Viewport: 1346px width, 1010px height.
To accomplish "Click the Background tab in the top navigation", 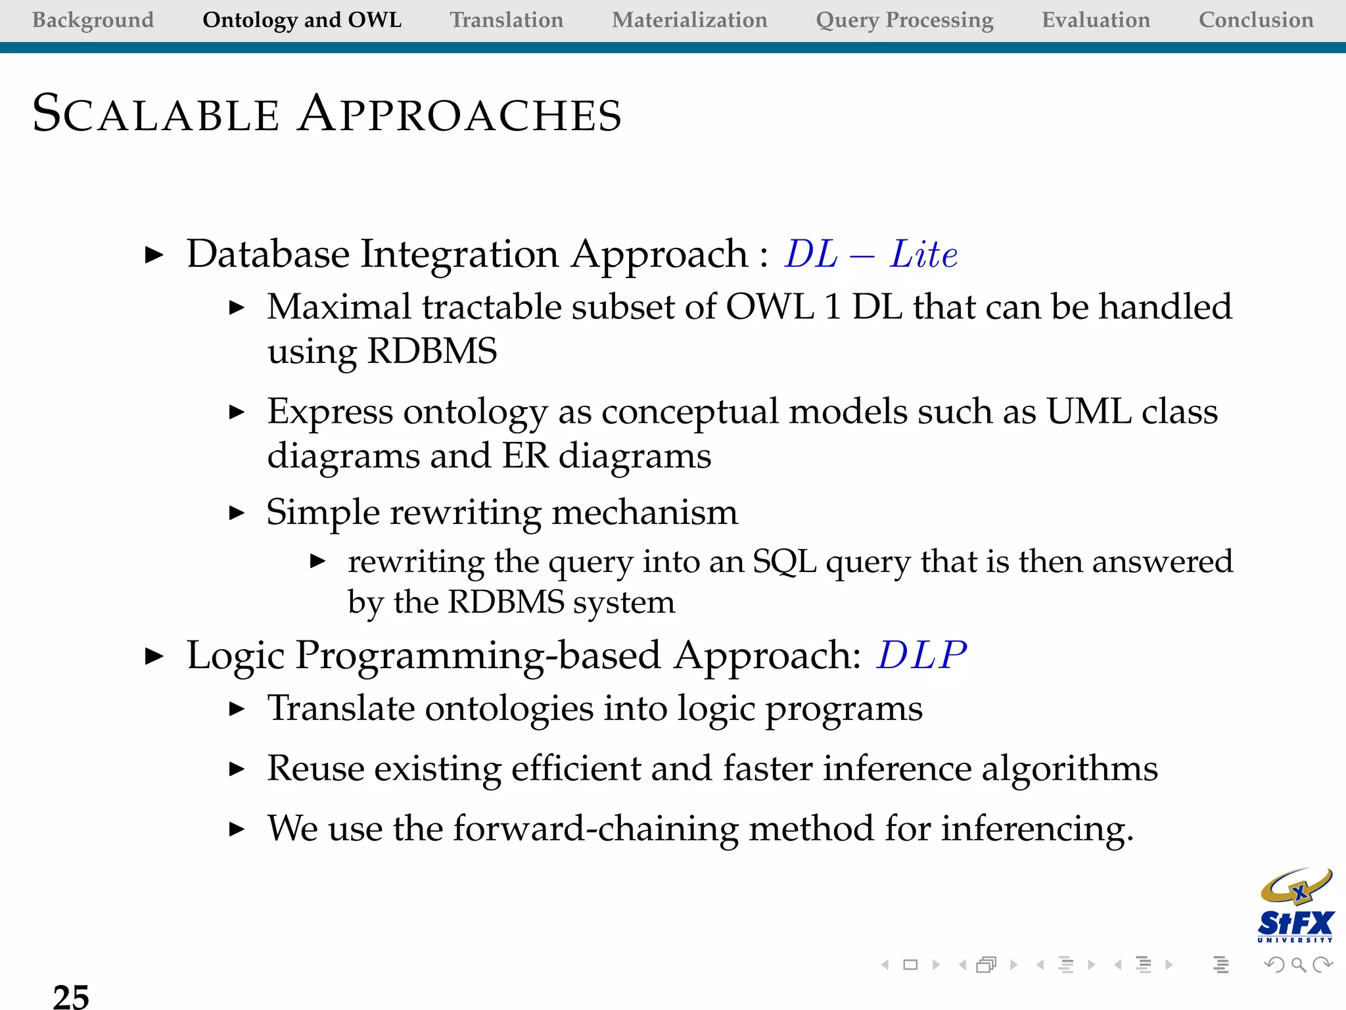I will [x=93, y=20].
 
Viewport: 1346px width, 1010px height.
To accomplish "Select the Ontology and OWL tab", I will [x=302, y=20].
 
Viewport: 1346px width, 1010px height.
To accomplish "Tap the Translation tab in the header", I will [x=506, y=20].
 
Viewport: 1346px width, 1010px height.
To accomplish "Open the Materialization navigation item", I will [x=689, y=20].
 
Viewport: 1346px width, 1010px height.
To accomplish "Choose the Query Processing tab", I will [x=904, y=20].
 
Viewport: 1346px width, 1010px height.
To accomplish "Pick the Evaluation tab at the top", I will [x=1096, y=20].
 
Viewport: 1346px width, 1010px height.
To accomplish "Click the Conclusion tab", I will [x=1256, y=20].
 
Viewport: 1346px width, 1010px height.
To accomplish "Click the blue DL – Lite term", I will [x=871, y=254].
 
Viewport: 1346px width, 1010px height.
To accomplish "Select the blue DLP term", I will [x=921, y=655].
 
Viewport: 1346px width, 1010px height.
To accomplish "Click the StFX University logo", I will [x=1295, y=906].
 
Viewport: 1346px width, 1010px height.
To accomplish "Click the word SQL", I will [x=783, y=562].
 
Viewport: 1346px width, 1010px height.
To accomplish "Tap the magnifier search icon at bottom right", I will [x=1298, y=965].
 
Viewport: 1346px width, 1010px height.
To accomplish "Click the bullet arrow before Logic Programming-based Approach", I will [x=154, y=656].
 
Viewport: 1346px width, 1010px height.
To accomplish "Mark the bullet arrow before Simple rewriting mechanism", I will [x=237, y=513].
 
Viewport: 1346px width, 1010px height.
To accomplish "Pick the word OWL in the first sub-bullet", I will [x=769, y=306].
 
